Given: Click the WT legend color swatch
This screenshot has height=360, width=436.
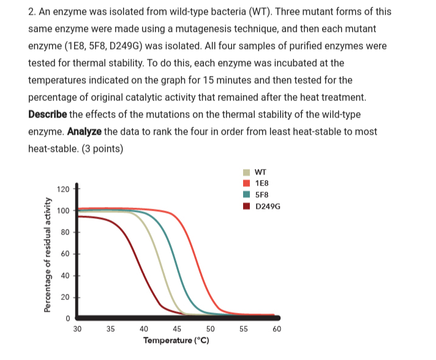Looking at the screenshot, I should tap(246, 172).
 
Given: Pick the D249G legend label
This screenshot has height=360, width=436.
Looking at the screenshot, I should tap(266, 206).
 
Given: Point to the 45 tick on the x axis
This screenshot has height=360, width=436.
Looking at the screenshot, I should tap(176, 329).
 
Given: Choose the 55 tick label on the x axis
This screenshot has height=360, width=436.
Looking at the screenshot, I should tap(243, 329).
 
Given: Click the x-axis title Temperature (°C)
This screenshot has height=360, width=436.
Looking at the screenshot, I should tap(176, 340).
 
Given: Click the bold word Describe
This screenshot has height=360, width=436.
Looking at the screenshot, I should tap(47, 114).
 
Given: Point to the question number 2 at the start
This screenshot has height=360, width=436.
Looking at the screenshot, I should tap(31, 12).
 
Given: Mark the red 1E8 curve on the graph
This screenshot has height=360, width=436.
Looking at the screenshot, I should tap(197, 257).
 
